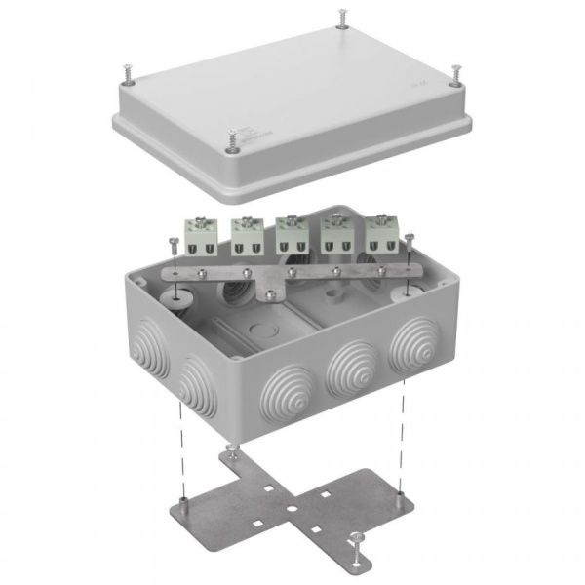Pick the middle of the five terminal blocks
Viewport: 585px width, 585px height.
pos(291,233)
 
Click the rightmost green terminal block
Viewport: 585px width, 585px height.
pos(380,233)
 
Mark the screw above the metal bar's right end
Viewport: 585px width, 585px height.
pos(410,239)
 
